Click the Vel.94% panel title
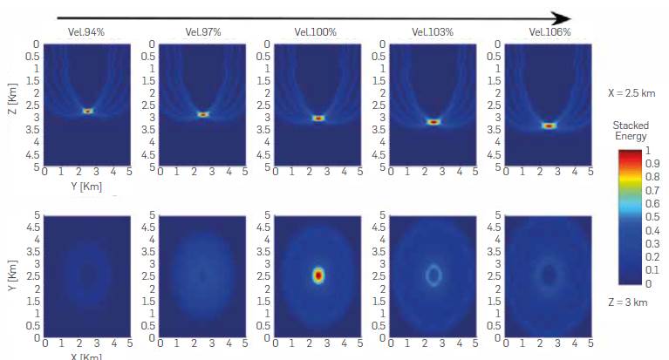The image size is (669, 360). [x=87, y=32]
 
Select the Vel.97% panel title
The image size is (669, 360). [x=203, y=32]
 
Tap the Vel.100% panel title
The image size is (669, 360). [x=318, y=32]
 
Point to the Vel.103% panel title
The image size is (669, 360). [x=433, y=32]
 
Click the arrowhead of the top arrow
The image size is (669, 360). [x=563, y=18]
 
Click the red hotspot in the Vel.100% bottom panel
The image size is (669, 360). [x=318, y=275]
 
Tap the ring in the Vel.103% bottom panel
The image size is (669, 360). [x=433, y=275]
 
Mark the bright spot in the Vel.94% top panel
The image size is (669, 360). [x=87, y=111]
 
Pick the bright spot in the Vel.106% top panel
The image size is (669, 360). [x=549, y=126]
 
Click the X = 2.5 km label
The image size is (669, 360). [x=630, y=91]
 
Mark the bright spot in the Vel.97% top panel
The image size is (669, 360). [x=203, y=114]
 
